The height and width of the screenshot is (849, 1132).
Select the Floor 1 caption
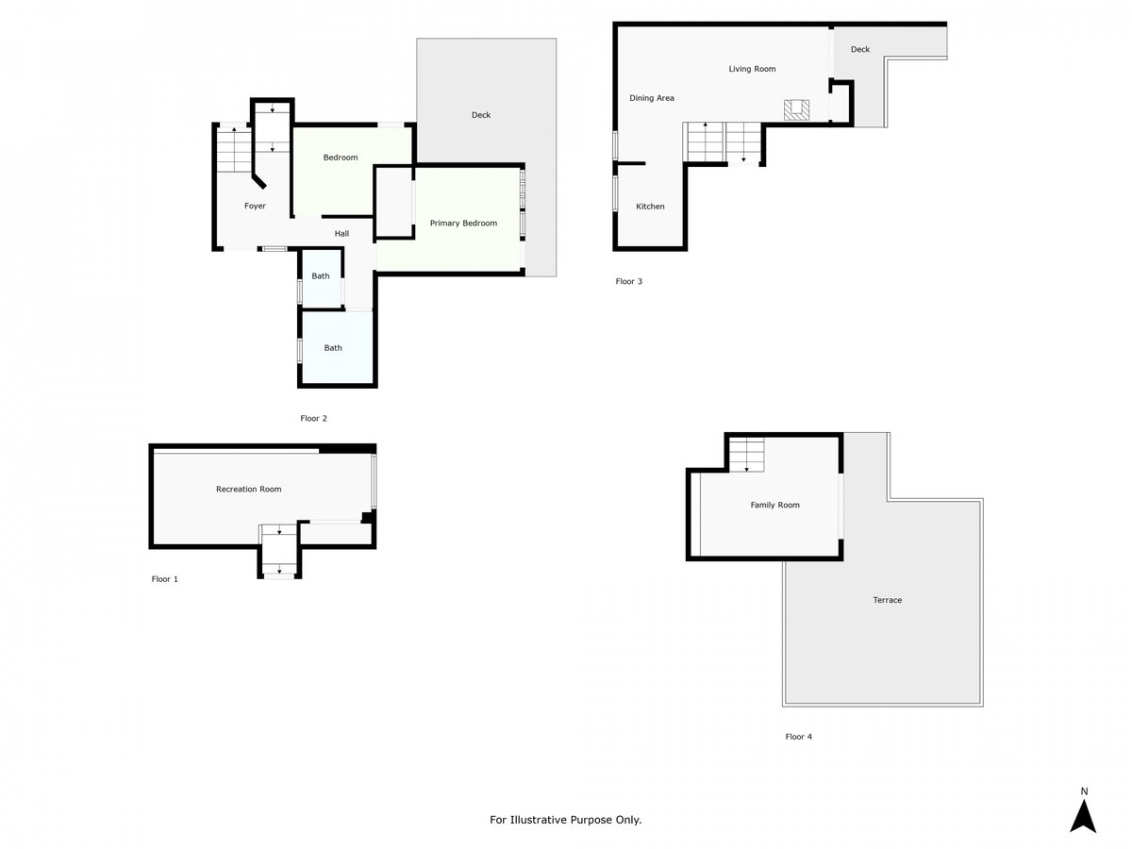tap(164, 579)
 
